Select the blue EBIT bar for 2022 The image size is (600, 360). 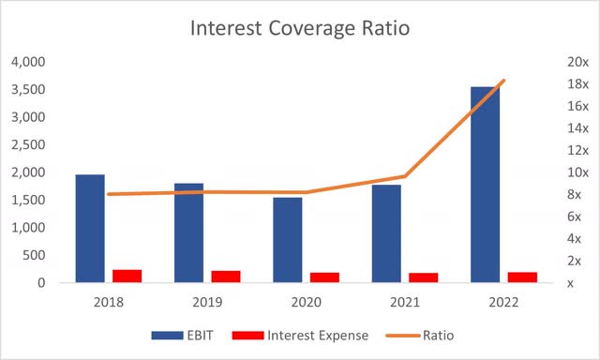click(x=485, y=185)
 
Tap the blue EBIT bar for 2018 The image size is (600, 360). click(x=90, y=228)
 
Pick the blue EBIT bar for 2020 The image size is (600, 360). click(x=287, y=239)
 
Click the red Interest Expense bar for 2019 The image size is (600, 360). click(x=226, y=277)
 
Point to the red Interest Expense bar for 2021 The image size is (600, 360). click(x=423, y=277)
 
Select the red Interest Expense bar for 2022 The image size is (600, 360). click(x=522, y=277)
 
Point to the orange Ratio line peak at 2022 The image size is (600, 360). click(x=503, y=81)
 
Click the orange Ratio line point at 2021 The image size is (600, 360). click(x=404, y=176)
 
